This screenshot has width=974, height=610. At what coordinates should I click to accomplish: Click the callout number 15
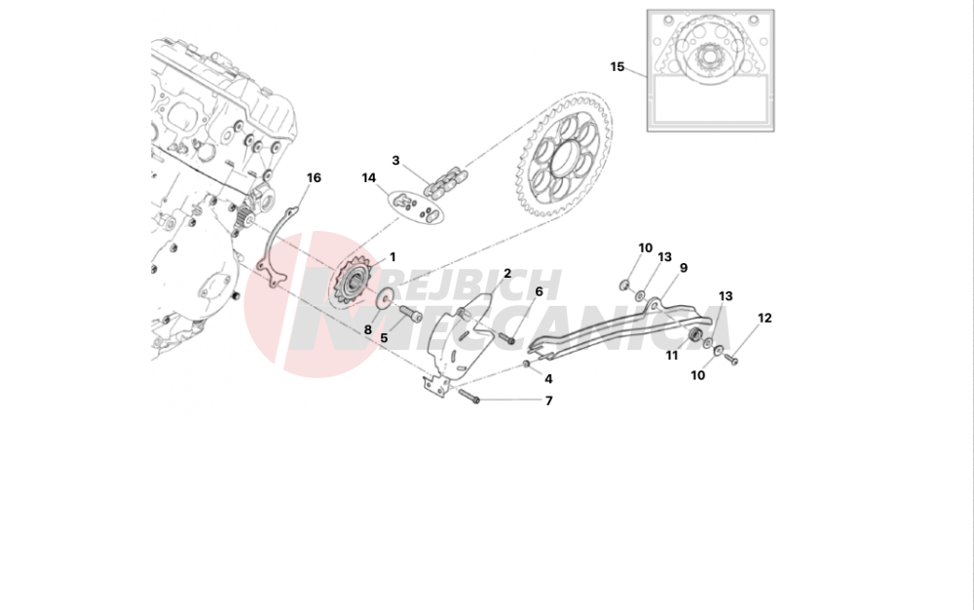point(617,66)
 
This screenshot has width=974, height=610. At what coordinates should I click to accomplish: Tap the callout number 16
point(314,178)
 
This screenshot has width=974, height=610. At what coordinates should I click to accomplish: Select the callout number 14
point(369,178)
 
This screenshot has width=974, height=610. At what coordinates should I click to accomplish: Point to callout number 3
point(395,161)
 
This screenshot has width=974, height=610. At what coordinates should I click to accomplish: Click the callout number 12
point(765,318)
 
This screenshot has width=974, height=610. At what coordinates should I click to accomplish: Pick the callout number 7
point(548,401)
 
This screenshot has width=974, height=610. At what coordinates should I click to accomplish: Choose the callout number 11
point(671,356)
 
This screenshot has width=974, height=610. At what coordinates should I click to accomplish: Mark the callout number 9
point(684,268)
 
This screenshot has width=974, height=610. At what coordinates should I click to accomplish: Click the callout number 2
point(507,273)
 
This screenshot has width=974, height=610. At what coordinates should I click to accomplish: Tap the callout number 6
point(539,291)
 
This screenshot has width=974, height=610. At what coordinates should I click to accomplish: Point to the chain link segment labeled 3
point(445,181)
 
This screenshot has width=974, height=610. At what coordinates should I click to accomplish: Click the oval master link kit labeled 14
point(416,207)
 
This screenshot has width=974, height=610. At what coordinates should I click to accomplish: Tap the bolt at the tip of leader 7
point(469,396)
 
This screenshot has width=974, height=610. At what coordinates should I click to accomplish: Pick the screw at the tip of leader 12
point(731,359)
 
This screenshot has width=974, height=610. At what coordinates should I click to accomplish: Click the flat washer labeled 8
point(384,297)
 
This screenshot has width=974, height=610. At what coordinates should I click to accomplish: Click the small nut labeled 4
point(526,363)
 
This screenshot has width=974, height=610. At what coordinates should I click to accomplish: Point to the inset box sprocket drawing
point(710,70)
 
